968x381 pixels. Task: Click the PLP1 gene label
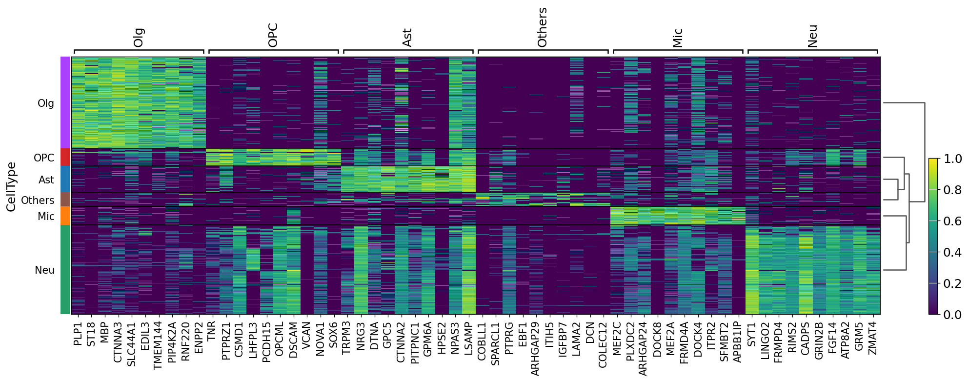click(x=78, y=334)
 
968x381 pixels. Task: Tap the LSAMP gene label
click(x=468, y=337)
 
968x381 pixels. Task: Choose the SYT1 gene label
click(x=751, y=334)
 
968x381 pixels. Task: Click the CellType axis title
click(x=11, y=187)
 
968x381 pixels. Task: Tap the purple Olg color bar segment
click(x=65, y=102)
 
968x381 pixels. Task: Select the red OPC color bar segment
click(x=65, y=157)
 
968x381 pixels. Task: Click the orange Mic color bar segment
click(x=65, y=216)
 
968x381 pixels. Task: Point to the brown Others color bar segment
click(x=65, y=199)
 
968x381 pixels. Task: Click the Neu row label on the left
click(x=44, y=270)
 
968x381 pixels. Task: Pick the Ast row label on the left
click(x=46, y=180)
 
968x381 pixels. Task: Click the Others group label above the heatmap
click(x=542, y=27)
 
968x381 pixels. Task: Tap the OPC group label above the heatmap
click(x=273, y=35)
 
